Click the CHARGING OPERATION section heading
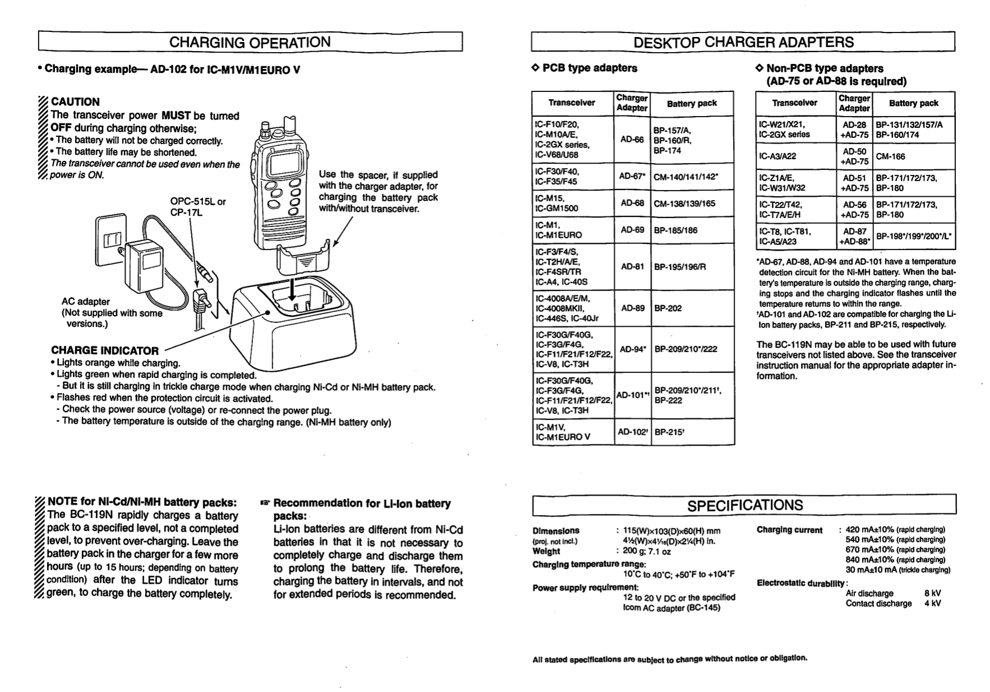click(x=250, y=42)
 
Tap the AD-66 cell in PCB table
click(x=632, y=139)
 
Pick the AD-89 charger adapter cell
click(x=632, y=308)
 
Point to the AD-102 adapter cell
click(x=633, y=432)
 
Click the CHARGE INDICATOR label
click(x=105, y=351)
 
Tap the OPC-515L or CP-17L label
click(x=197, y=207)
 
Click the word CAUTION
click(x=75, y=102)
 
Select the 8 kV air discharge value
click(x=932, y=593)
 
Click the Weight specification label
click(x=546, y=551)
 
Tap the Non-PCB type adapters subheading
click(x=824, y=68)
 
